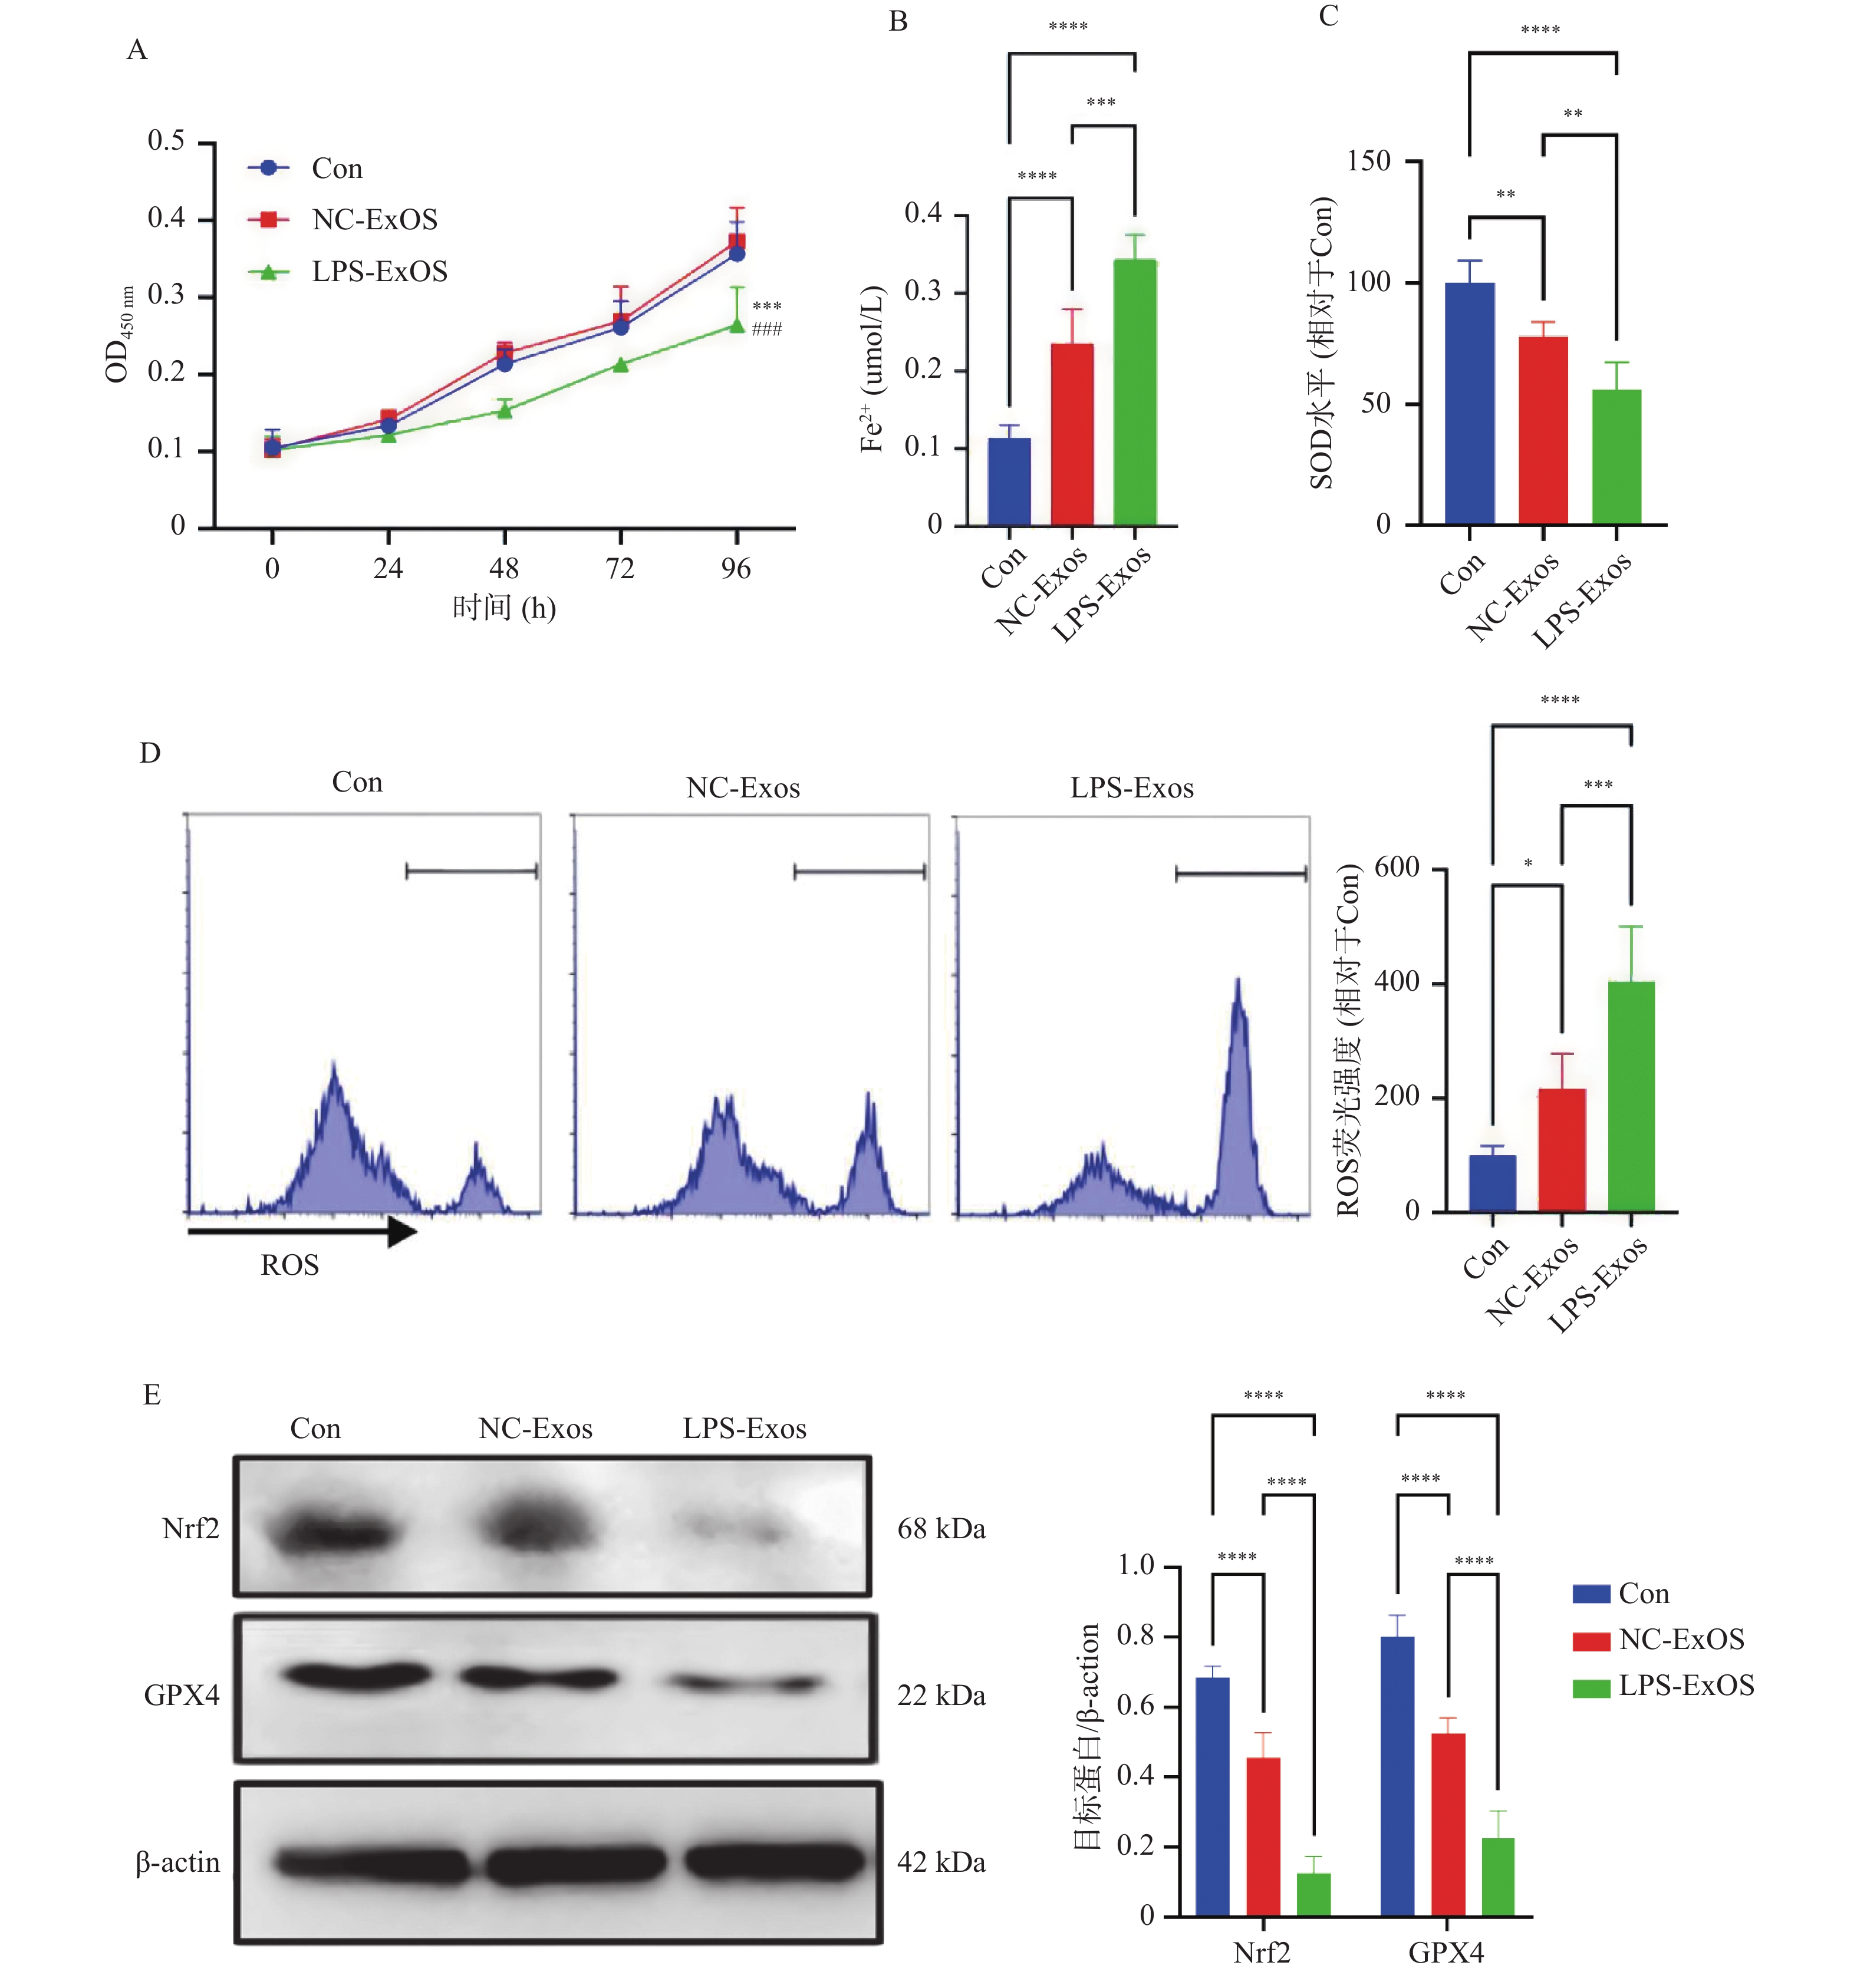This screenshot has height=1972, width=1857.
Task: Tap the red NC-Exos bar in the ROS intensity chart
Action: coord(1562,1150)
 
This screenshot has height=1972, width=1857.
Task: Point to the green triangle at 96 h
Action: coord(736,325)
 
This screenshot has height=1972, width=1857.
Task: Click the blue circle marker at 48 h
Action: coord(504,364)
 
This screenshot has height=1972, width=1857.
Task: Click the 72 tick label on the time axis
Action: coord(620,568)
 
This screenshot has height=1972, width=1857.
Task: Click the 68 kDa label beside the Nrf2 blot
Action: coord(940,1529)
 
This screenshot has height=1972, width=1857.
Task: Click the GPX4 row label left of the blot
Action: coord(182,1695)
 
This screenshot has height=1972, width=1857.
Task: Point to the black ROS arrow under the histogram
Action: coord(302,1232)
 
